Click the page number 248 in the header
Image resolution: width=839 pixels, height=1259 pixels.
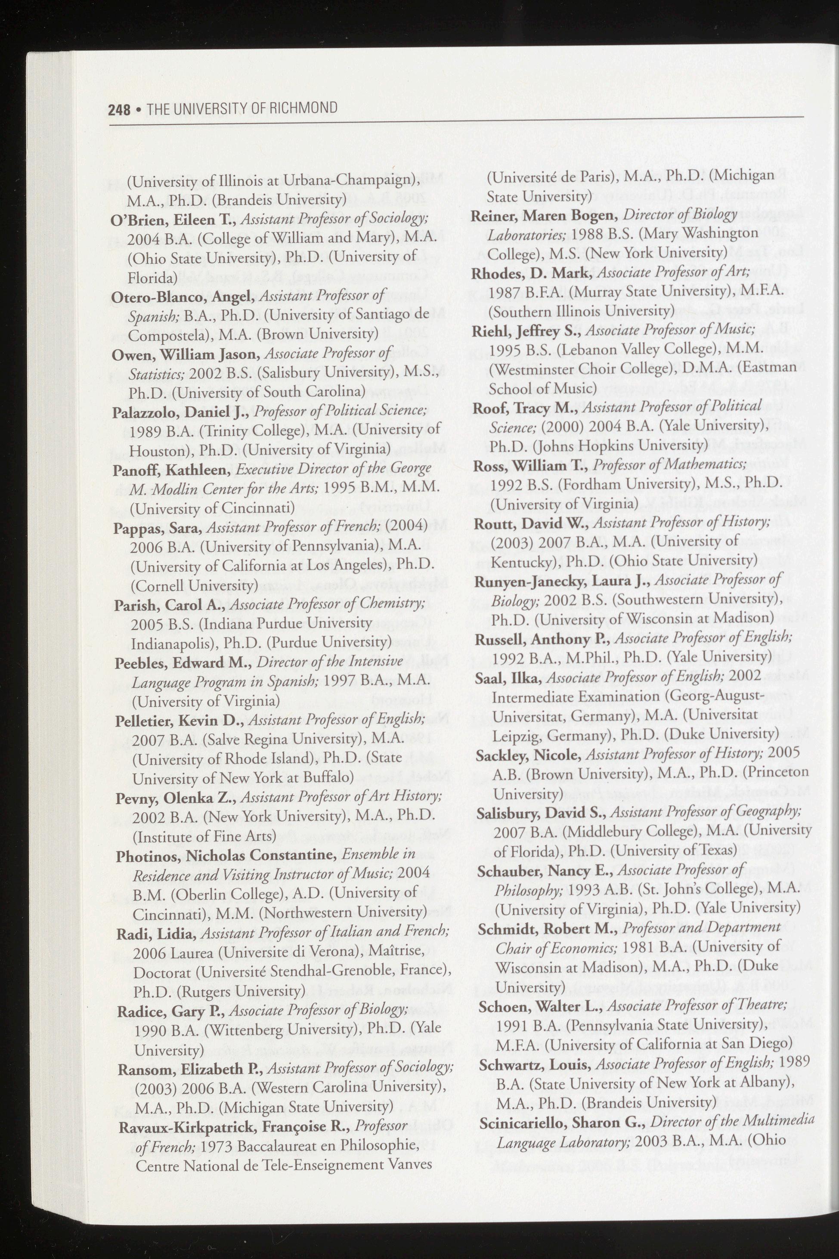click(119, 110)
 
